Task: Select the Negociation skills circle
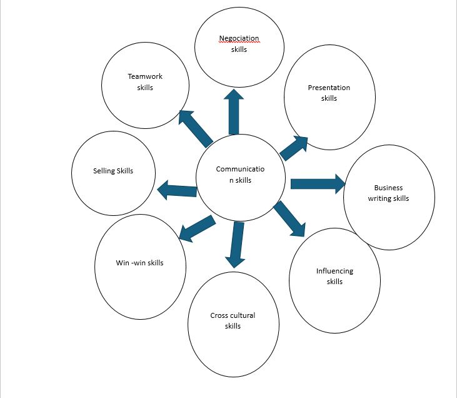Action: pyautogui.click(x=239, y=47)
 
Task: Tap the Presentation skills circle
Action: pyautogui.click(x=329, y=97)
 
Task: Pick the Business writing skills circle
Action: pyautogui.click(x=389, y=196)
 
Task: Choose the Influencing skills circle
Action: pyautogui.click(x=335, y=280)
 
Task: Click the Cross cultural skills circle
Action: pyautogui.click(x=233, y=324)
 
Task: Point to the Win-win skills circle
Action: pyautogui.click(x=140, y=266)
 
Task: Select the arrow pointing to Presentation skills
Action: pyautogui.click(x=293, y=148)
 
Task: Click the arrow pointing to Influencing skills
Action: pyautogui.click(x=289, y=218)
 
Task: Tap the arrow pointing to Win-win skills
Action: pyautogui.click(x=196, y=228)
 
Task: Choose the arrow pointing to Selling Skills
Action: pyautogui.click(x=177, y=190)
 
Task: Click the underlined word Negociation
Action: pyautogui.click(x=239, y=39)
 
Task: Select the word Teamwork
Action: pyautogui.click(x=145, y=76)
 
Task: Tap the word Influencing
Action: pyautogui.click(x=334, y=271)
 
